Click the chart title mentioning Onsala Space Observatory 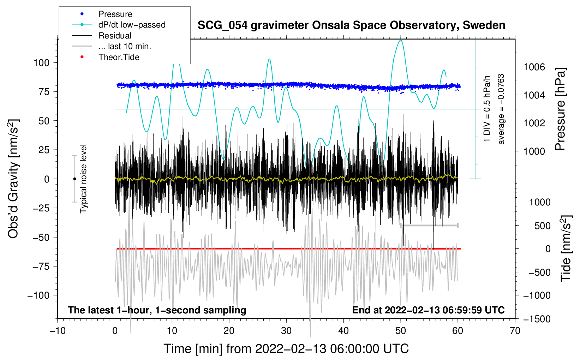pyautogui.click(x=351, y=25)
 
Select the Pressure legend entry pyautogui.click(x=115, y=14)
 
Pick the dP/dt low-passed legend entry pyautogui.click(x=132, y=25)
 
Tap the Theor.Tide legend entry pyautogui.click(x=119, y=57)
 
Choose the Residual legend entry pyautogui.click(x=115, y=36)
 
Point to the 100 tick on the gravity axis pyautogui.click(x=41, y=63)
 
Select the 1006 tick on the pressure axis pyautogui.click(x=534, y=67)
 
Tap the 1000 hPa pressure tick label pyautogui.click(x=534, y=151)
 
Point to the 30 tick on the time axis pyautogui.click(x=286, y=331)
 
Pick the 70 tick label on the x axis pyautogui.click(x=515, y=331)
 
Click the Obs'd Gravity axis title pyautogui.click(x=13, y=179)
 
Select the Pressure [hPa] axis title pyautogui.click(x=561, y=109)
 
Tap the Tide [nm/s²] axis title pyautogui.click(x=566, y=248)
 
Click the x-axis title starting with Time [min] pyautogui.click(x=286, y=349)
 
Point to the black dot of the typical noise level pyautogui.click(x=74, y=179)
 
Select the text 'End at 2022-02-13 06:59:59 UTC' pyautogui.click(x=428, y=310)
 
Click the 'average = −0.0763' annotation pyautogui.click(x=501, y=109)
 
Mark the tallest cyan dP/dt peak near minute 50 pyautogui.click(x=400, y=41)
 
